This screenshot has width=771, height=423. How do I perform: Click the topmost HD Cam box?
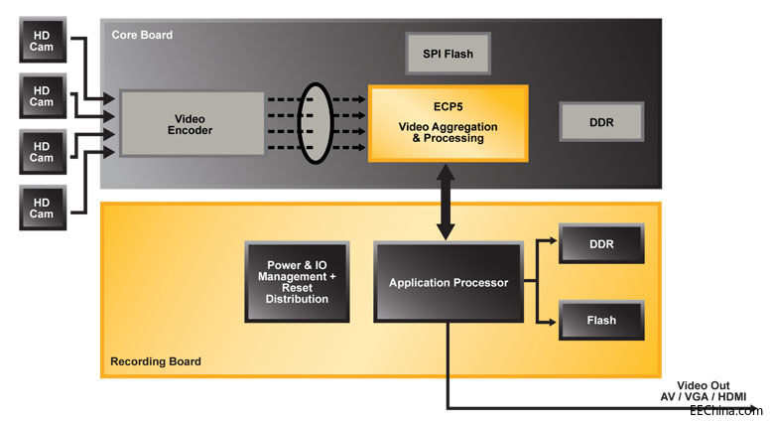[42, 41]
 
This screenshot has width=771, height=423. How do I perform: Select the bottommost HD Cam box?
[42, 208]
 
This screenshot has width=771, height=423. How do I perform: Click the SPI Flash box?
[449, 53]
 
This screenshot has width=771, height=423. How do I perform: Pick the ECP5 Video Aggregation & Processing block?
[448, 123]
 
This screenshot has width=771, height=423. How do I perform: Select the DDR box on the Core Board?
[599, 122]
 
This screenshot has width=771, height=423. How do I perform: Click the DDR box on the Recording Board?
[599, 244]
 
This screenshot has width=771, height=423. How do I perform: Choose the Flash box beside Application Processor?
[599, 321]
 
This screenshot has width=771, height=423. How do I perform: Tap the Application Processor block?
[449, 283]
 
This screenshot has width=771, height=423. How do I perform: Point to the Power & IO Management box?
[298, 282]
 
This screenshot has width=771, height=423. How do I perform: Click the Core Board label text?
[142, 35]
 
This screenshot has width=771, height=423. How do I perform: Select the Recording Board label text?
[156, 361]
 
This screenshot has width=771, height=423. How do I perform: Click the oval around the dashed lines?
[315, 124]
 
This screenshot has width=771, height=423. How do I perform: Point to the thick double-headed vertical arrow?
[447, 204]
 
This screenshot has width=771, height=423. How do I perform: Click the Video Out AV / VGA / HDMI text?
[711, 391]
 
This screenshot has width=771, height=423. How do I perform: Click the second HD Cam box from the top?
[42, 95]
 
